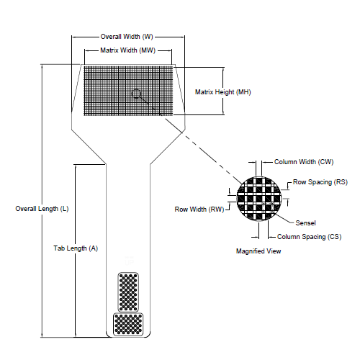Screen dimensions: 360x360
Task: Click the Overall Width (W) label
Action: tap(126, 36)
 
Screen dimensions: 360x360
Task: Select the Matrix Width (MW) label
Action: tap(127, 50)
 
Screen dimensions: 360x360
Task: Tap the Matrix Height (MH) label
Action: tap(223, 91)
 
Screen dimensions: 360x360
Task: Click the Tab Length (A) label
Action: tap(75, 248)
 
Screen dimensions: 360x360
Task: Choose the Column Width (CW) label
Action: tap(304, 162)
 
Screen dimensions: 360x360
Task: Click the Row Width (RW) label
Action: tap(199, 210)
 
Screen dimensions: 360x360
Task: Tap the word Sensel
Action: tap(305, 223)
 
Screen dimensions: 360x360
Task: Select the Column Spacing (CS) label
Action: tap(309, 236)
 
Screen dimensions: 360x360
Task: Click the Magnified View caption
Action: tap(258, 251)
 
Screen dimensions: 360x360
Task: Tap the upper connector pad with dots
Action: tap(127, 292)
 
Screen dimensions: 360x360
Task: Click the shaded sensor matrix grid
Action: tap(108, 90)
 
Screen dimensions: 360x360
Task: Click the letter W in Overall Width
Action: tap(148, 36)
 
